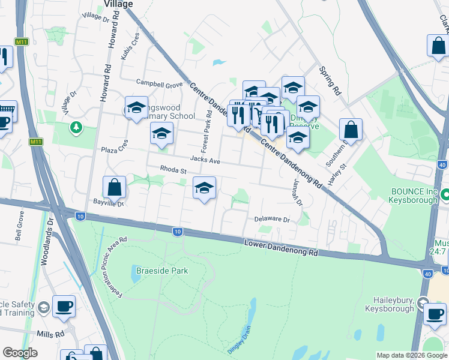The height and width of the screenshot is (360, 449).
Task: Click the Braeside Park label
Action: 162,271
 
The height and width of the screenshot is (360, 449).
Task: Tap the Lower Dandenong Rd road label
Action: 281,248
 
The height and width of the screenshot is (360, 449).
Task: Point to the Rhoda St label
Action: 173,171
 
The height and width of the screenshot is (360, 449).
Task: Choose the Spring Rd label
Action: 330,82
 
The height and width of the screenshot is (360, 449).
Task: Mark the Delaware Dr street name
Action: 272,220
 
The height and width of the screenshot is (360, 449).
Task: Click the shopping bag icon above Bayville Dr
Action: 115,187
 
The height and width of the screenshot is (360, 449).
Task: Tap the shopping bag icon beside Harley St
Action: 351,130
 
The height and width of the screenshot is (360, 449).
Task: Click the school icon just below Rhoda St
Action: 205,189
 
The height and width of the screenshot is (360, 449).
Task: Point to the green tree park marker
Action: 76,127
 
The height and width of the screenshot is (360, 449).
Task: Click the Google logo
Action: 20,353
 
